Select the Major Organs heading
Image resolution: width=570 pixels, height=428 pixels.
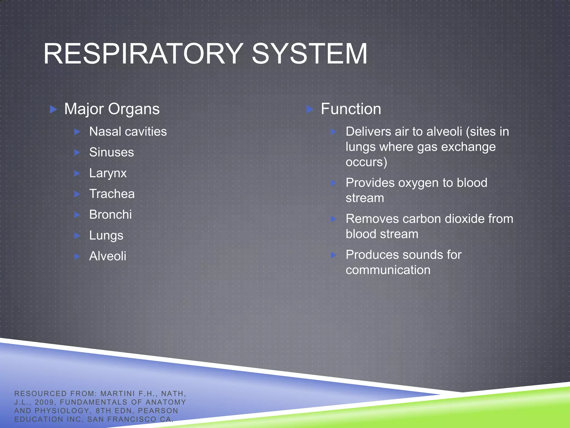click(112, 109)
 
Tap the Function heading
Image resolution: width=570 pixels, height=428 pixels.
click(351, 109)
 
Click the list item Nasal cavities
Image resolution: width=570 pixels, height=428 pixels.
click(128, 132)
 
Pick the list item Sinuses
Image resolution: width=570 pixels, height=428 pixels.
click(111, 152)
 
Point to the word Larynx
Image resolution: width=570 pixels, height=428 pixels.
click(108, 173)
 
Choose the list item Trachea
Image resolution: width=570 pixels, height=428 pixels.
click(112, 194)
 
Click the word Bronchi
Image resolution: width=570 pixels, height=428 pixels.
click(110, 215)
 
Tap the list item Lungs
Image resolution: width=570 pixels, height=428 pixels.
click(106, 236)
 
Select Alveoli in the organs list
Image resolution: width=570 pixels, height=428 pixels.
click(107, 256)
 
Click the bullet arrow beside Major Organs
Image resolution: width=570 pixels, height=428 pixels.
click(53, 109)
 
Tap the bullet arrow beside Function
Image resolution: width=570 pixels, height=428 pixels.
click(309, 109)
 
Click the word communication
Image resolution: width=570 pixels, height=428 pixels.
click(388, 270)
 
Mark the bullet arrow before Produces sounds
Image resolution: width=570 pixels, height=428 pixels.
click(333, 255)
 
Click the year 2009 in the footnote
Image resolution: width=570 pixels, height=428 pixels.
click(44, 402)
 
